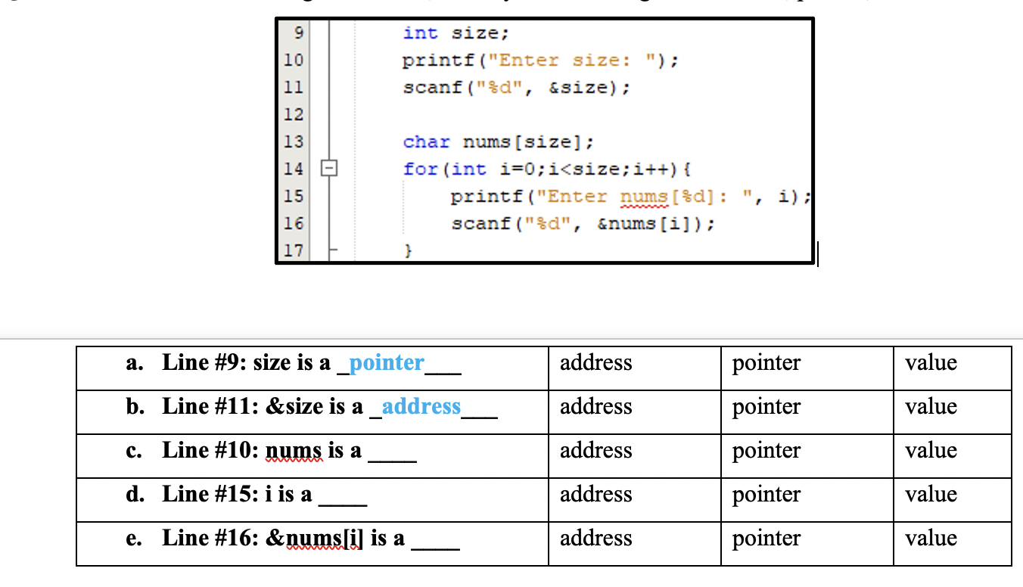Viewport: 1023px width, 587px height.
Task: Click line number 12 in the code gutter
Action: [294, 114]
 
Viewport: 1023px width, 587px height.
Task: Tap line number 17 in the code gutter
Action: [294, 250]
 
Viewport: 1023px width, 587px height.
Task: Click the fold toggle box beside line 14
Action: [329, 169]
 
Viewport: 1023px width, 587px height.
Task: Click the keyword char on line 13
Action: [426, 141]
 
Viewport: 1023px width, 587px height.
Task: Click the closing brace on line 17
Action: [408, 250]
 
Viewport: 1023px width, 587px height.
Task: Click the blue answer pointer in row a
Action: [387, 363]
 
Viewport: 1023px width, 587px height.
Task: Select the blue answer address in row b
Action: [421, 407]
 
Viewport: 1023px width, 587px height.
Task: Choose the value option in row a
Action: [931, 363]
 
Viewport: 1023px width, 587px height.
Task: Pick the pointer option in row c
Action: [766, 451]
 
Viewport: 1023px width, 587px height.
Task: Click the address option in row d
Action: [595, 495]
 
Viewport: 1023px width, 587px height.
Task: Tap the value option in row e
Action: [931, 539]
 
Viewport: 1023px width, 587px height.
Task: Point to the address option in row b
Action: [595, 407]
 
